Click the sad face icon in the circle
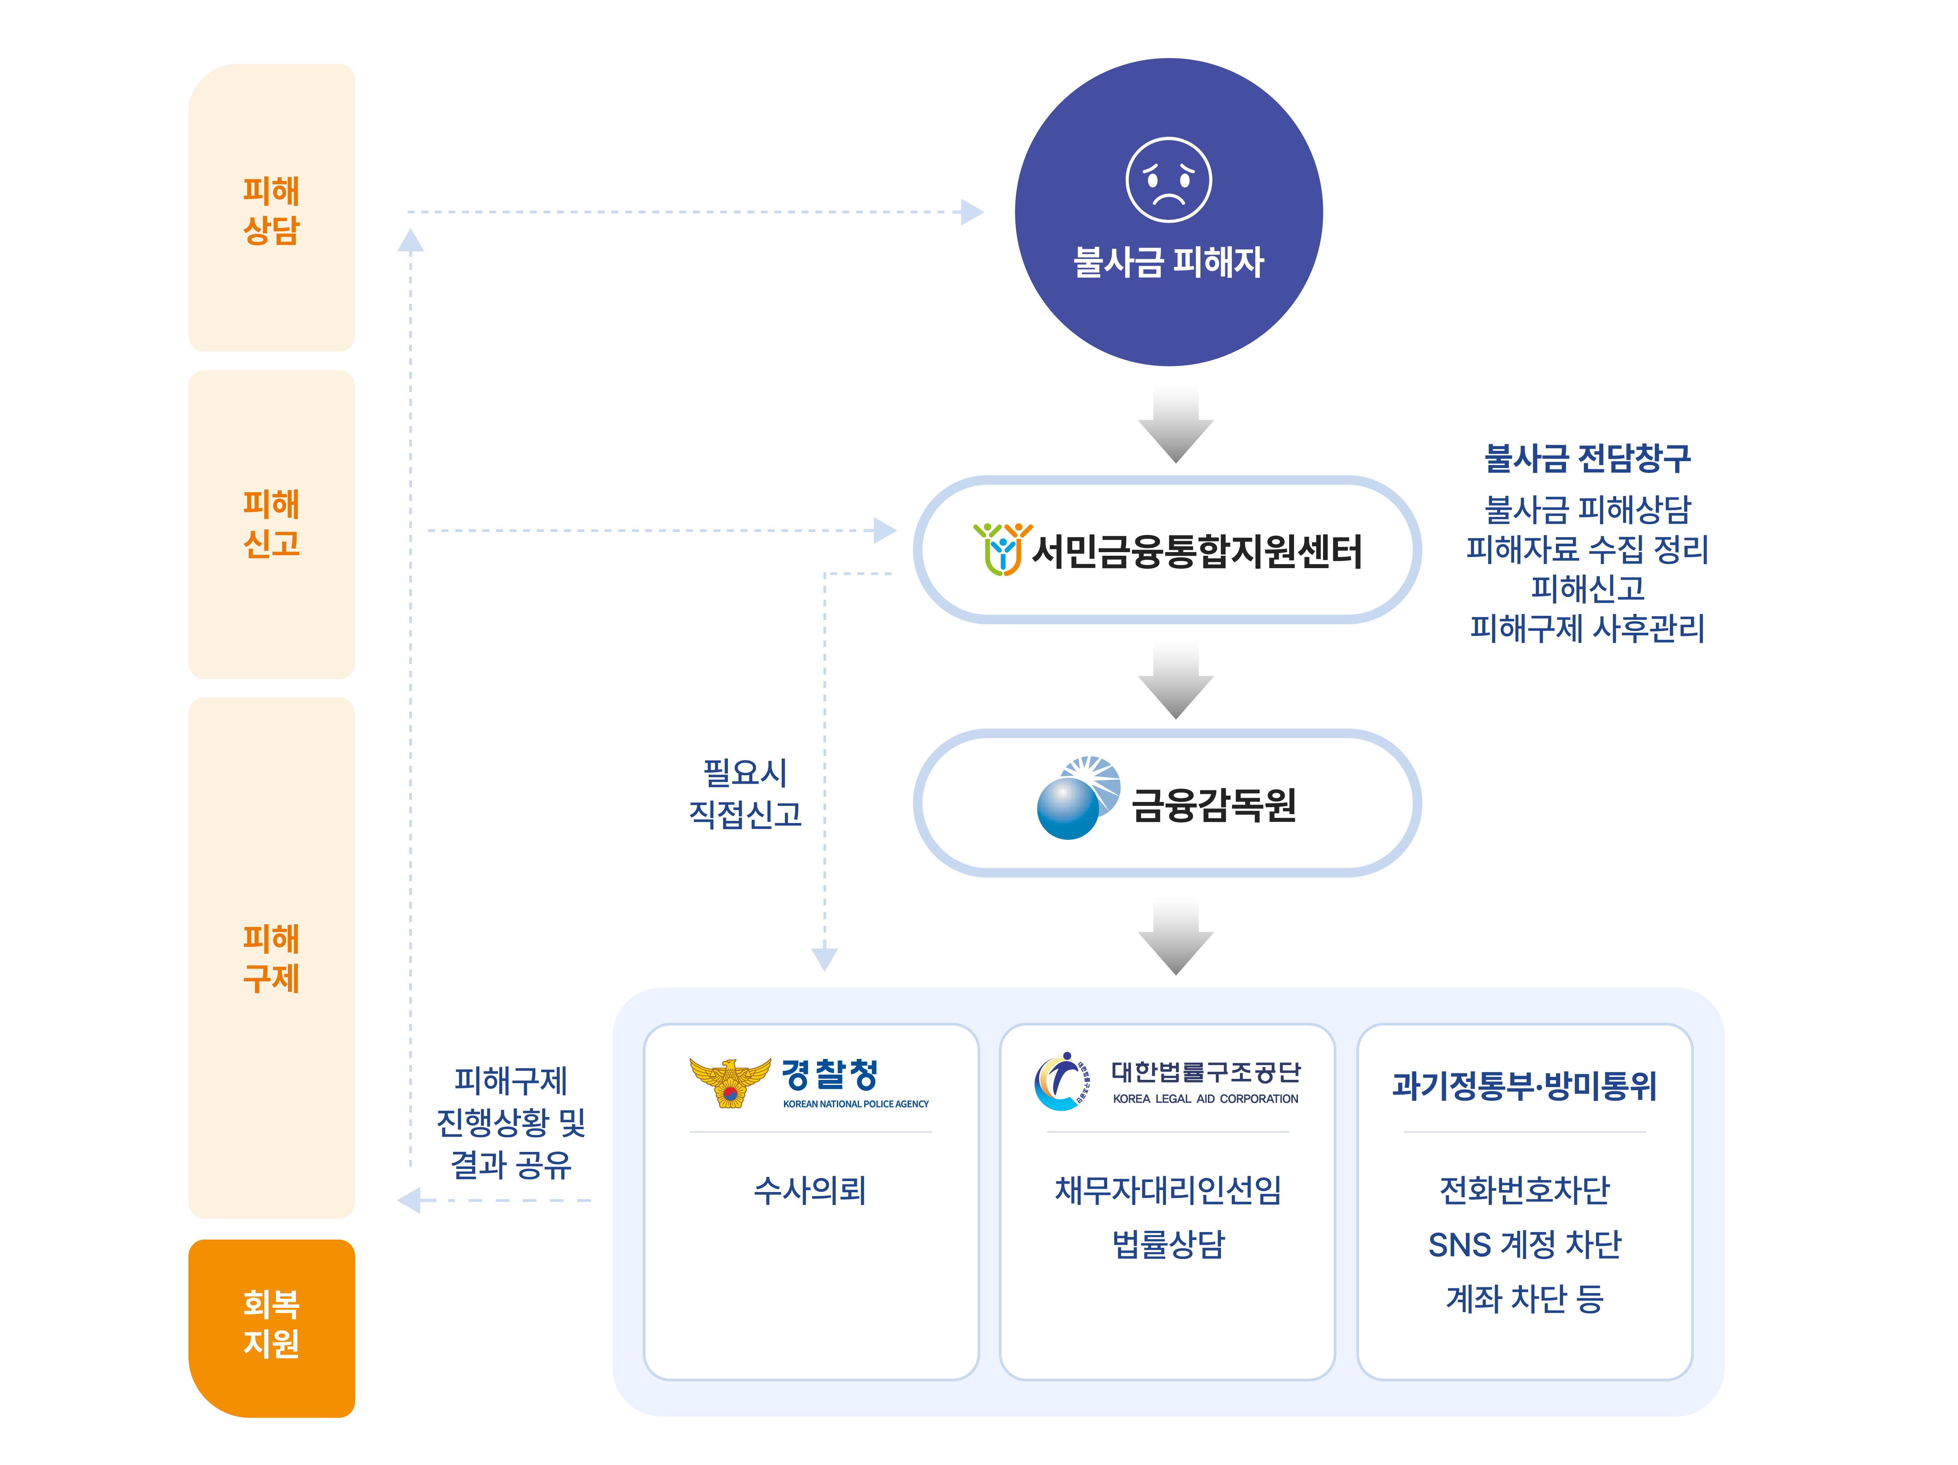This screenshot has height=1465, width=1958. click(1168, 180)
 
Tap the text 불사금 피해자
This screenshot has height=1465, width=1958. click(1168, 262)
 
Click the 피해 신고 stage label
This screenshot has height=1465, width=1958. click(272, 523)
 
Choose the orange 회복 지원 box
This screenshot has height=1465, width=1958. click(272, 1324)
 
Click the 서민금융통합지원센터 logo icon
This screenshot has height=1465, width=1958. click(1002, 549)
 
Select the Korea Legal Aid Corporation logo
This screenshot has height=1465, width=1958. click(1061, 1082)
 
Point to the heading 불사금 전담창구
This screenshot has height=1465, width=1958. click(1587, 458)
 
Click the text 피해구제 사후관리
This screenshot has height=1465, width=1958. click(1587, 627)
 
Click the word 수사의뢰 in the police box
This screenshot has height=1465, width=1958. click(810, 1190)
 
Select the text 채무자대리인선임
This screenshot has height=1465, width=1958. click(1167, 1190)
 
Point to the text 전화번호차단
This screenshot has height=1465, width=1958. click(1524, 1190)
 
